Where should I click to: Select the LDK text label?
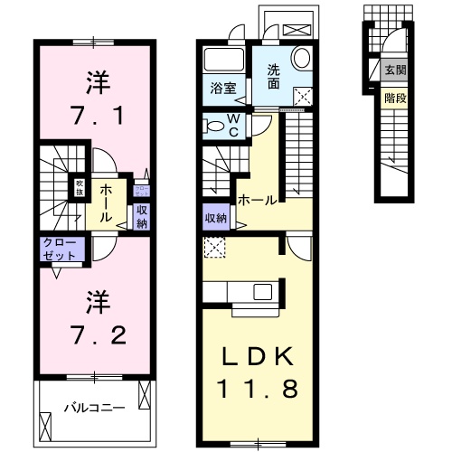258,358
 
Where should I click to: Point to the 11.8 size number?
258,391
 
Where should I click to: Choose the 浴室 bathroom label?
222,89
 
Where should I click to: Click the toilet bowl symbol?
214,125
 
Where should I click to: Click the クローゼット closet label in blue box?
60,249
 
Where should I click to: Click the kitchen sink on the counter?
263,292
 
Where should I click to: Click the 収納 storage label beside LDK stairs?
215,218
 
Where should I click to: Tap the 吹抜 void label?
79,188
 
